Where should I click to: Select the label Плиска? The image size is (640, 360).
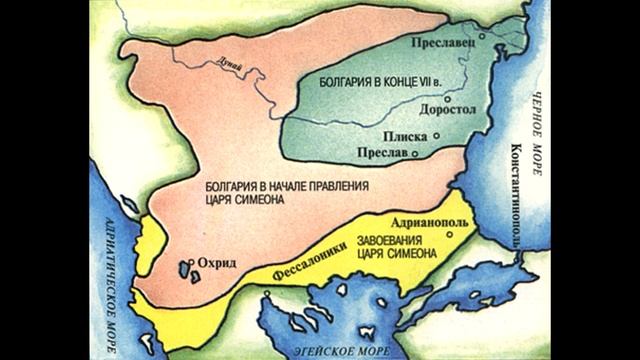point(403,134)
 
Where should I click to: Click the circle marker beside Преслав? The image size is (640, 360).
point(426,152)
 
